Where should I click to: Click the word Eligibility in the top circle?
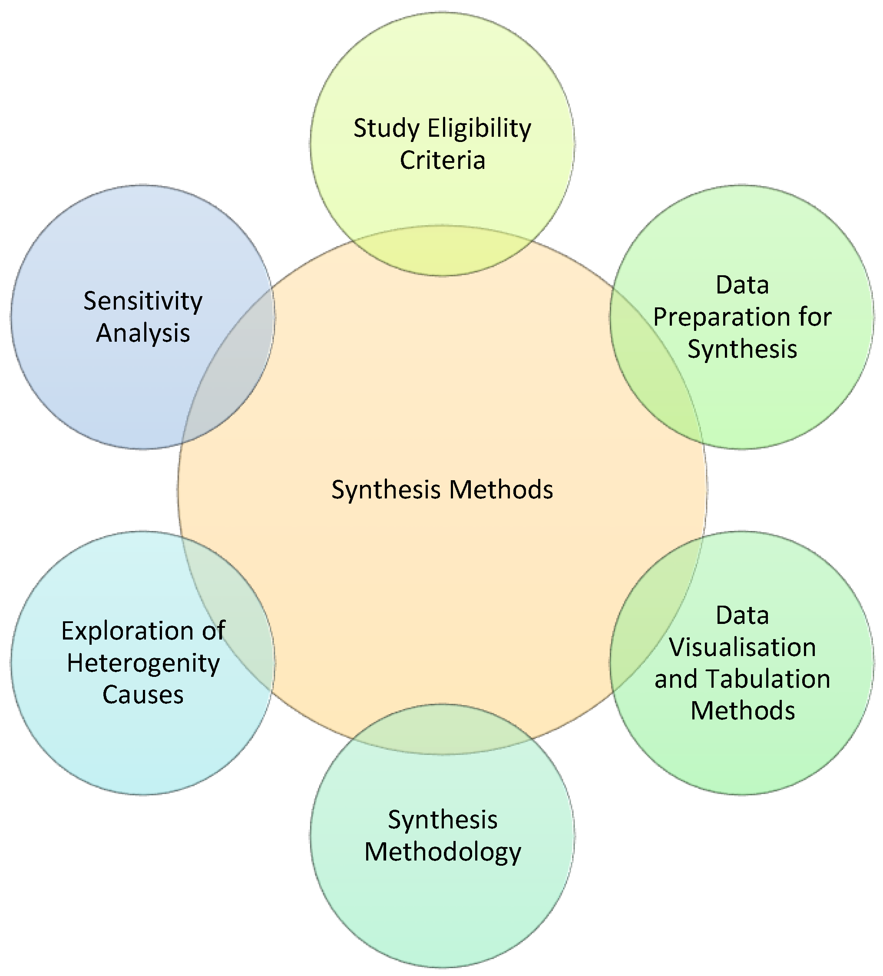(x=479, y=129)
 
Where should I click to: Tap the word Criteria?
(x=442, y=161)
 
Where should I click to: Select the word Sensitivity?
(x=143, y=301)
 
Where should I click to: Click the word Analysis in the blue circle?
(x=143, y=333)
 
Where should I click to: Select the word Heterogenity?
(x=143, y=663)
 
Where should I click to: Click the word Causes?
(x=143, y=695)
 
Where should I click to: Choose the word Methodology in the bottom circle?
(x=442, y=852)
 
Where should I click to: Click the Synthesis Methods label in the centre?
(x=442, y=489)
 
